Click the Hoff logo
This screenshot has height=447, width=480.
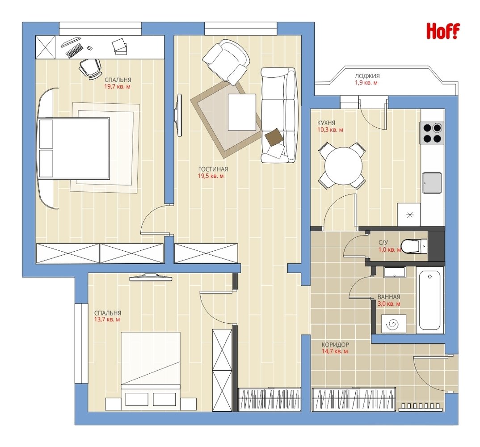point(443,31)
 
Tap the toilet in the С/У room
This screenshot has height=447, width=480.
point(414,246)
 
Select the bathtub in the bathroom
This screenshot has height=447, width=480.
point(429,301)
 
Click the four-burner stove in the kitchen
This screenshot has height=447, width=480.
point(432,133)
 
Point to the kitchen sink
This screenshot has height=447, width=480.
point(432,183)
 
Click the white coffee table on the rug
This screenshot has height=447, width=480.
point(242,112)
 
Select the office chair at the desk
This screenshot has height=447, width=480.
point(90,68)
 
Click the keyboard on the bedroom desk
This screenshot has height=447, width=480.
point(75,51)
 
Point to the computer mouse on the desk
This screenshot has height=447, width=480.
point(90,48)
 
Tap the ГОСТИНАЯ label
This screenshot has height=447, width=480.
point(213,169)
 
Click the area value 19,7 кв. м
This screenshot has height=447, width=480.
point(117,87)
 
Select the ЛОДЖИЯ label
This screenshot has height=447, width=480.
point(367,76)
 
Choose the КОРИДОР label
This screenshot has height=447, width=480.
point(335,345)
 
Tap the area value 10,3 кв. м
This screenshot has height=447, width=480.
point(330,130)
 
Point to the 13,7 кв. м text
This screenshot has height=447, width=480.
point(107,320)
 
